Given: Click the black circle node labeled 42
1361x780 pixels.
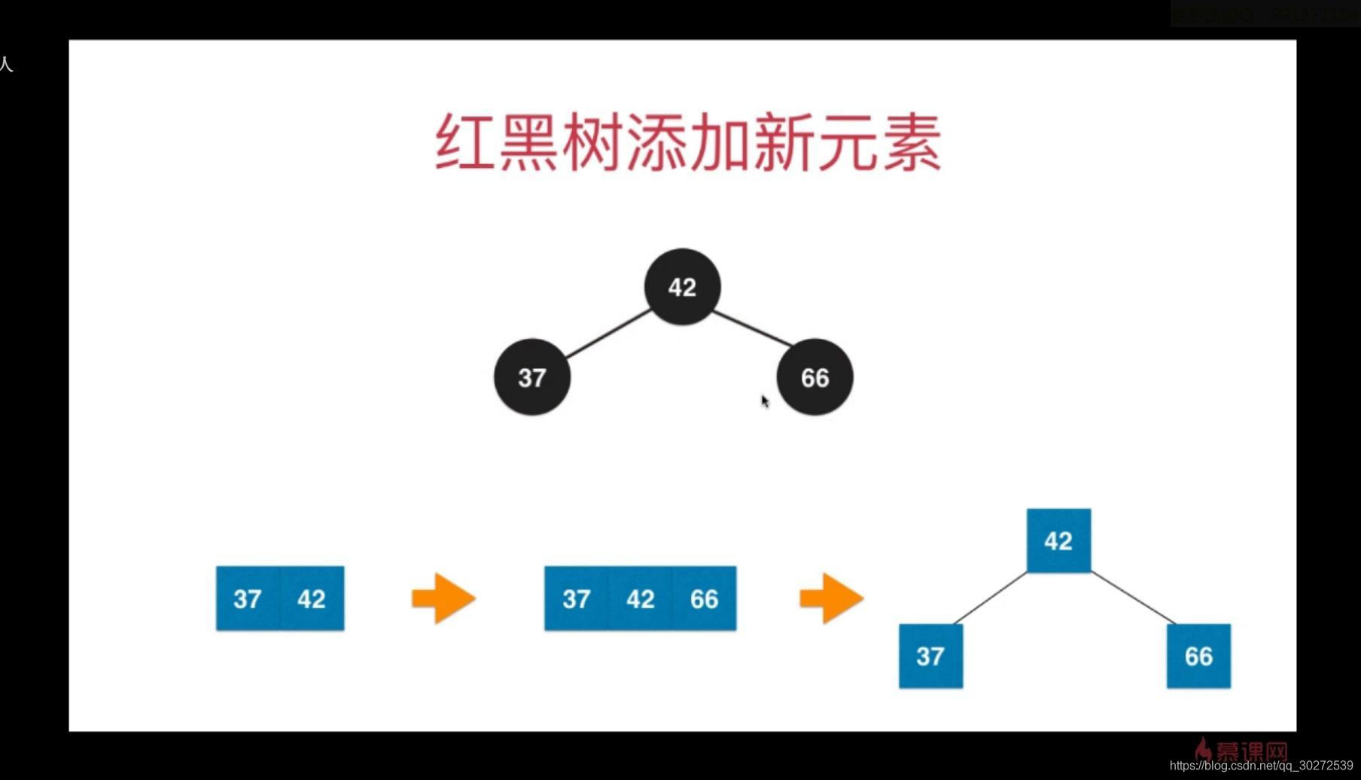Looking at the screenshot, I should pyautogui.click(x=682, y=287).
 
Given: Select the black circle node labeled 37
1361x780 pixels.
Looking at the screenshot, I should pyautogui.click(x=532, y=377).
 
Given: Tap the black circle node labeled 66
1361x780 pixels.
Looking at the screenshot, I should pyautogui.click(x=814, y=377).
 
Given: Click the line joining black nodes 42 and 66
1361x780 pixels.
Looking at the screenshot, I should pyautogui.click(x=752, y=328).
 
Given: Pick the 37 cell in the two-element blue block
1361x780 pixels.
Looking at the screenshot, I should pyautogui.click(x=248, y=599).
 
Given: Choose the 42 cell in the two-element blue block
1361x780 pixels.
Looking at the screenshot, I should pyautogui.click(x=312, y=599).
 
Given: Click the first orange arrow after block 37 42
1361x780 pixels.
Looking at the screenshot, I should pyautogui.click(x=443, y=599).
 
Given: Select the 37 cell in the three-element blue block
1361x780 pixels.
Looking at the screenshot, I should pyautogui.click(x=577, y=599).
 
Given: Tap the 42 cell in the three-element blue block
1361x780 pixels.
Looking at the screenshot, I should pyautogui.click(x=641, y=599).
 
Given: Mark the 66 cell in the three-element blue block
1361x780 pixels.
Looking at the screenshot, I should pyautogui.click(x=705, y=599).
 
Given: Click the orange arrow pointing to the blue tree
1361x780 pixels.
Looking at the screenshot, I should pyautogui.click(x=831, y=599).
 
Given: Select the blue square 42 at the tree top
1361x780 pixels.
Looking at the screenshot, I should pyautogui.click(x=1058, y=541).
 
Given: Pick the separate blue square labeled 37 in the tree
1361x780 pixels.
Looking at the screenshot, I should pyautogui.click(x=930, y=656).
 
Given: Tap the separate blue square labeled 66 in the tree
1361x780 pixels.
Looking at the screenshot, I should pyautogui.click(x=1198, y=656).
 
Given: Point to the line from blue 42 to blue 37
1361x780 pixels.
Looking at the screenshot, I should pyautogui.click(x=991, y=598).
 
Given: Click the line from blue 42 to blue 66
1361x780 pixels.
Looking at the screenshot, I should pyautogui.click(x=1133, y=598).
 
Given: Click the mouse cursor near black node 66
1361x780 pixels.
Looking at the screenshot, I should pyautogui.click(x=765, y=401).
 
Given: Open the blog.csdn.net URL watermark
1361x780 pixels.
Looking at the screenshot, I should pyautogui.click(x=1261, y=766).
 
